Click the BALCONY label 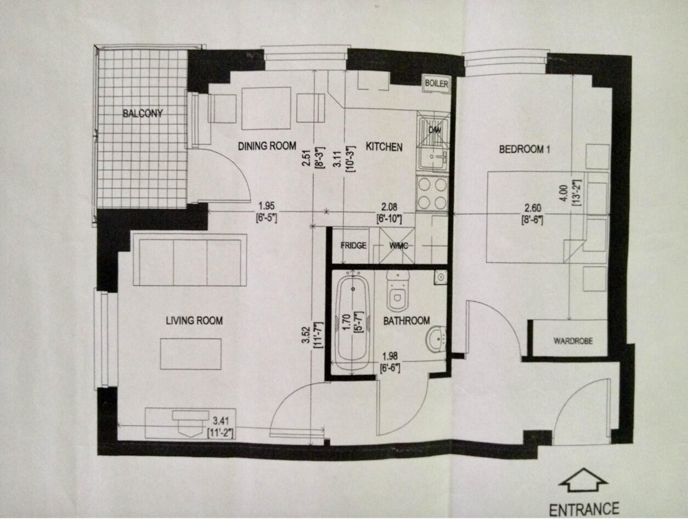coord(143,114)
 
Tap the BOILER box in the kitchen coord(437,84)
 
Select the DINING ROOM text coord(267,146)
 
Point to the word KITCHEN coord(384,147)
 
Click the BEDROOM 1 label coord(524,149)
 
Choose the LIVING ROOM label coord(194,321)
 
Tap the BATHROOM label coord(406,321)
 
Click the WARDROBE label coord(572,341)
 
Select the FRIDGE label coord(353,245)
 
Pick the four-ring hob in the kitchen coord(432,193)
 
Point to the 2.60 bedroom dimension coord(533,209)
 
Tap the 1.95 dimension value coord(266,206)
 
